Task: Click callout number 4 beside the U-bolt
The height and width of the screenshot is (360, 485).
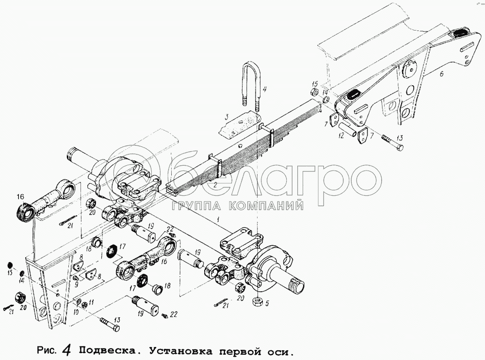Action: pos(264,90)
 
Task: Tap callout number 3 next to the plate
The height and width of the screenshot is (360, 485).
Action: pos(226,117)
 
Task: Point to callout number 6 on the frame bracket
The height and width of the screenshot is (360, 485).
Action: pos(442,74)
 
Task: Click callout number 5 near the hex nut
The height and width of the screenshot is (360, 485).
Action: pos(267,303)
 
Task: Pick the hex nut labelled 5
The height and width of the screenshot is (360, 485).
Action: pos(258,301)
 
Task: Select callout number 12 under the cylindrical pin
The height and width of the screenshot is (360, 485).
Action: pos(341,136)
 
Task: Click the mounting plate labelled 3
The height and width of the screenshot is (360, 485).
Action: pos(240,124)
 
